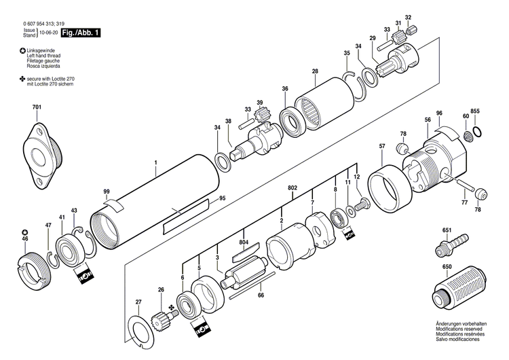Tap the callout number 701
(36, 108)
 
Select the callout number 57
(382, 147)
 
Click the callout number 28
(315, 71)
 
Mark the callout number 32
(408, 17)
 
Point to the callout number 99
(107, 192)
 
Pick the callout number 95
(221, 199)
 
